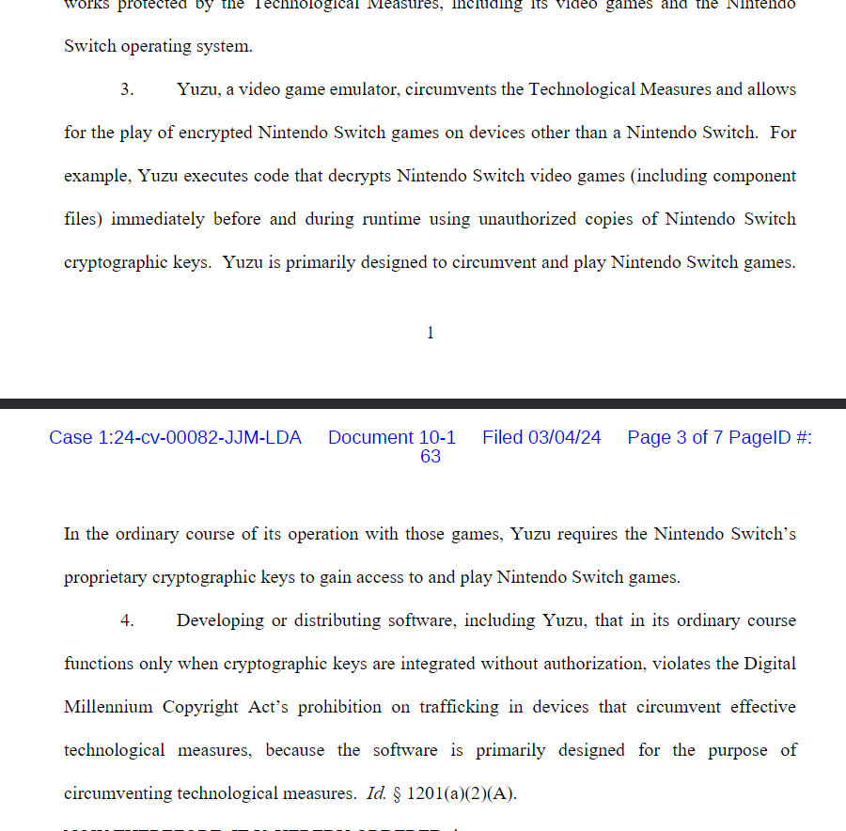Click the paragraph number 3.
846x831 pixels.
click(127, 90)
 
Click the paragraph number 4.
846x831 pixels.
click(127, 621)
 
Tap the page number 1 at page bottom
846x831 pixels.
click(431, 333)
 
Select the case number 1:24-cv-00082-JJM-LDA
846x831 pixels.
click(175, 438)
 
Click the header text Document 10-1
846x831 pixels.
click(392, 438)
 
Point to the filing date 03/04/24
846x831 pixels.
click(564, 438)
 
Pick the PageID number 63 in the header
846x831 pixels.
click(431, 457)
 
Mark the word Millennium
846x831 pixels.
click(109, 708)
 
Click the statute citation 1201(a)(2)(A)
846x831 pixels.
click(462, 794)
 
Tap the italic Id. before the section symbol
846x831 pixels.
click(376, 794)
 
